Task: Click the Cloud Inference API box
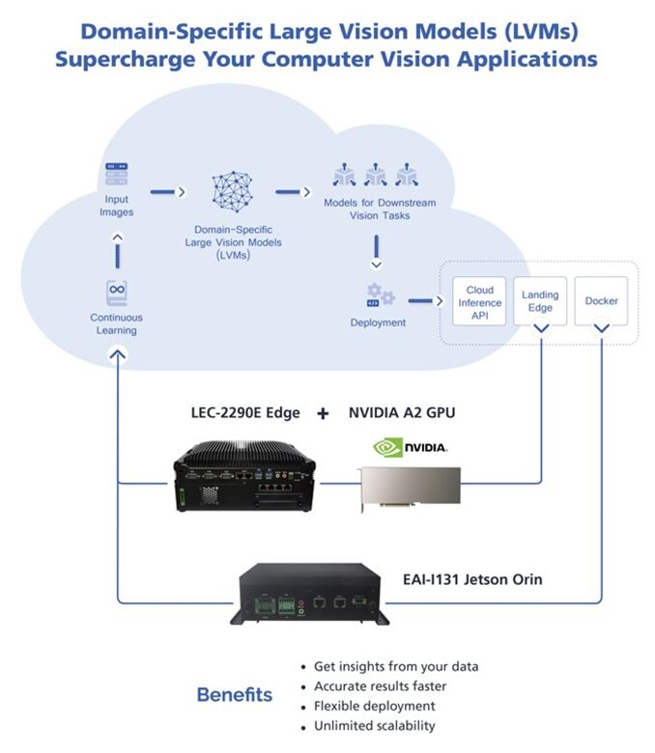click(x=479, y=301)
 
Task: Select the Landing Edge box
click(x=540, y=301)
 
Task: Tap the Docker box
click(x=601, y=300)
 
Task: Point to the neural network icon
click(x=232, y=193)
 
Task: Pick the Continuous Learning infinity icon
click(x=117, y=291)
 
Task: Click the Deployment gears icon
click(x=378, y=294)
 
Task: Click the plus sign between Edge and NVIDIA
click(x=322, y=413)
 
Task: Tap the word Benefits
click(x=235, y=694)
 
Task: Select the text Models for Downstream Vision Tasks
click(x=379, y=209)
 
